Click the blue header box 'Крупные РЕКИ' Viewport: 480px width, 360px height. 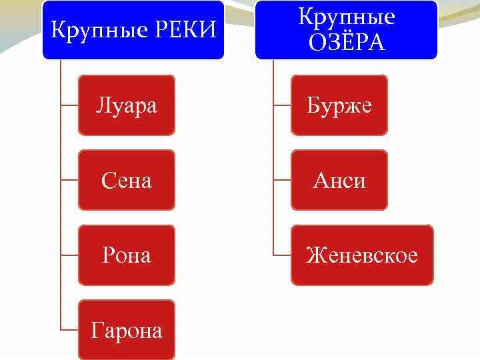tap(133, 30)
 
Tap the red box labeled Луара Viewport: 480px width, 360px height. tap(127, 105)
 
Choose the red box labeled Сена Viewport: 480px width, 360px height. tap(127, 180)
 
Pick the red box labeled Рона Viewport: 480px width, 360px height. tap(127, 255)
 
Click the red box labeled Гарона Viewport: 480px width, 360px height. tap(127, 330)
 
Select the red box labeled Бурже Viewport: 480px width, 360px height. tap(339, 105)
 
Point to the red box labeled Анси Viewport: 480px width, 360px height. tap(339, 180)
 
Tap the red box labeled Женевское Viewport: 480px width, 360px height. tap(361, 255)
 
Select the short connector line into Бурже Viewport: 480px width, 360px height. tap(281, 105)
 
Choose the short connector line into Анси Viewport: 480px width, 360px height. tap(281, 180)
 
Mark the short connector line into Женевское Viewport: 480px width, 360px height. tap(281, 255)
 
